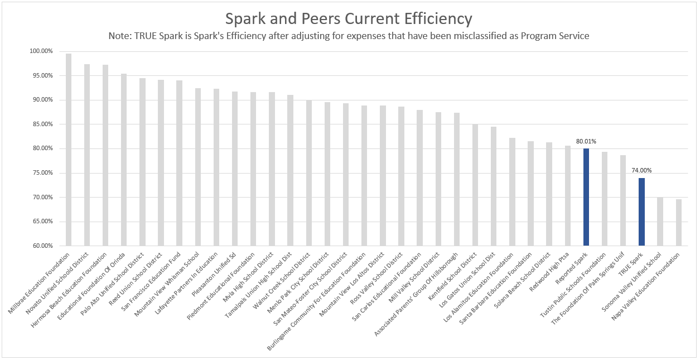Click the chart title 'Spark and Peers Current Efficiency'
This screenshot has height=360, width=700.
point(349,18)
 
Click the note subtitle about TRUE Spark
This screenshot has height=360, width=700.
point(349,36)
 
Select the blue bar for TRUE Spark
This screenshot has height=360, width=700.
point(641,212)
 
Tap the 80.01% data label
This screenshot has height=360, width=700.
point(586,142)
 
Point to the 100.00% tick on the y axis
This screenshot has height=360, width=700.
point(41,51)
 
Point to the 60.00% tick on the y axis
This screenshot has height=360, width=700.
point(41,246)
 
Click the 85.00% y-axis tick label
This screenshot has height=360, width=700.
point(41,124)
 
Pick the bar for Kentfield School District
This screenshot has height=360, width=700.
point(475,185)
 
